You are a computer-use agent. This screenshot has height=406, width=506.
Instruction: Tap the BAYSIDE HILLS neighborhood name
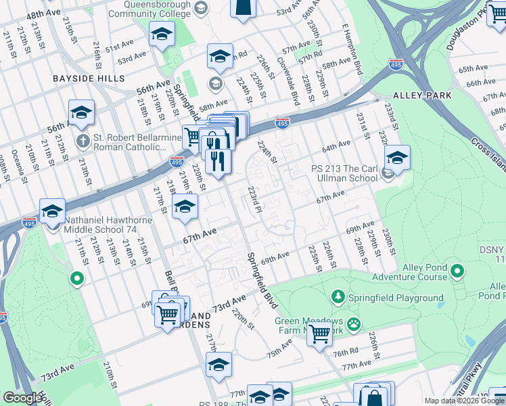85,78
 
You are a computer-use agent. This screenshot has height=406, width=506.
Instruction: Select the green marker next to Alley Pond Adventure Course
457,272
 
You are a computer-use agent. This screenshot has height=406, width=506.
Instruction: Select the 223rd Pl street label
254,201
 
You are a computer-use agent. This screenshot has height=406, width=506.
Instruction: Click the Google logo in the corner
22,398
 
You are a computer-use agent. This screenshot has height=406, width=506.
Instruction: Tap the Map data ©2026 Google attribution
463,401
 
